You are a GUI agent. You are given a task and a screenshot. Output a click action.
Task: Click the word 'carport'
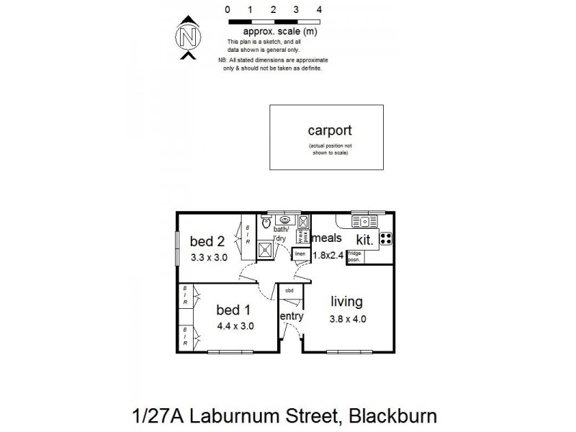(329, 130)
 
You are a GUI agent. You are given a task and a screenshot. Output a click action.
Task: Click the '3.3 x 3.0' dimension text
(209, 256)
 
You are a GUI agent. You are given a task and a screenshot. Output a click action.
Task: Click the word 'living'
(346, 302)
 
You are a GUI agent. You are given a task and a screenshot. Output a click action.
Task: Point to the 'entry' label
(291, 316)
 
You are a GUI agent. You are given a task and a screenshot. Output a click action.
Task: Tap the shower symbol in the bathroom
(265, 248)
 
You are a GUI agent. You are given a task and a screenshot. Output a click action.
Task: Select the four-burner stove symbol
(385, 238)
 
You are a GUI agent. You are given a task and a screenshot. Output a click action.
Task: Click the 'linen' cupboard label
(300, 253)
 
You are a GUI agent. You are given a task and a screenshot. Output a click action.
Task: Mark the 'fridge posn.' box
(354, 256)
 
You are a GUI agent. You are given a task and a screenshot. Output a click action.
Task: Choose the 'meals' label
(326, 238)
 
